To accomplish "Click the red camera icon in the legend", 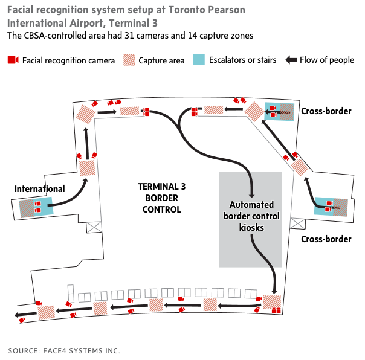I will [x=13, y=60].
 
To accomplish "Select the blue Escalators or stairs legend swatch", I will [x=199, y=60].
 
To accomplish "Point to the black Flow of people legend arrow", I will [x=291, y=60].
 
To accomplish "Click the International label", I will [x=40, y=190].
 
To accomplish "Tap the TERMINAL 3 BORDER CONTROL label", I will [x=161, y=198].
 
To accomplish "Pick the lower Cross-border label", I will [x=326, y=239].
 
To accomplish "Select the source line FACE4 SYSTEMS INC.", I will [x=64, y=350].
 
